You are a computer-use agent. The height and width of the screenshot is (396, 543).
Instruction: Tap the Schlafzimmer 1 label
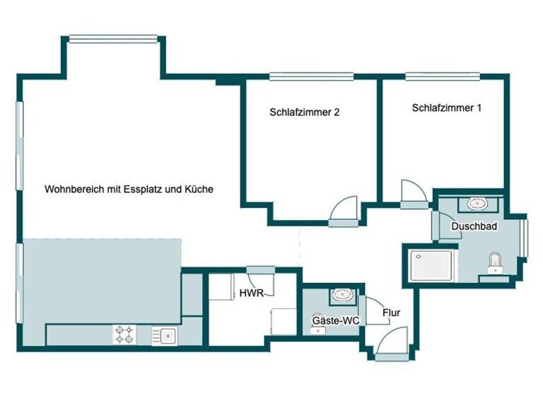pos(446,108)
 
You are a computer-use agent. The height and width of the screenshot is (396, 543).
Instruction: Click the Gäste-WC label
pos(337,321)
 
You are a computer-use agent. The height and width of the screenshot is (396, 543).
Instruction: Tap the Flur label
pos(392,311)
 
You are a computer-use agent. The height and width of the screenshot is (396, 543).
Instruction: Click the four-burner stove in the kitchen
pos(124,334)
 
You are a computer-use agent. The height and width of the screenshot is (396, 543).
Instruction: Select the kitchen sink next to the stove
pos(166,334)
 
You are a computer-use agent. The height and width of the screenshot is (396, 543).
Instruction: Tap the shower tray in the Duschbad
pos(428,265)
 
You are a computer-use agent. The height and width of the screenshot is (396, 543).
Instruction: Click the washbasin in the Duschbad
pos(477,204)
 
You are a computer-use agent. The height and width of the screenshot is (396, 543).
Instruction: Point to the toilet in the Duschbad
pos(495,263)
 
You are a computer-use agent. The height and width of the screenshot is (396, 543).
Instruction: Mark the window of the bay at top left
pos(113,38)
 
